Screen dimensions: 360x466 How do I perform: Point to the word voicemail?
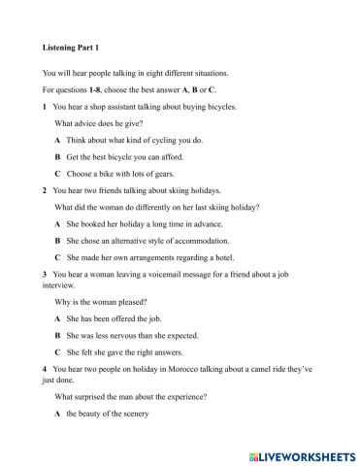click(183, 275)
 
